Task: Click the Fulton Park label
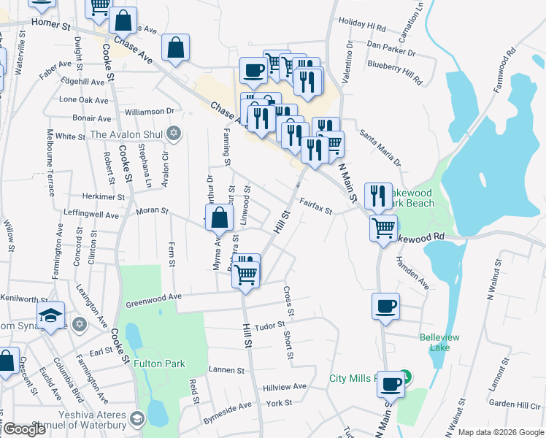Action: tap(159, 364)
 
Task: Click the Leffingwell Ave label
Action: tap(91, 215)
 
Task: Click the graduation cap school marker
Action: tap(50, 315)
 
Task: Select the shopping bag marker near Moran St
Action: tap(220, 217)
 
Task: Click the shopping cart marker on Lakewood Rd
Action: tap(383, 227)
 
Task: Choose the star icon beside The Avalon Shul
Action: tap(173, 133)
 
